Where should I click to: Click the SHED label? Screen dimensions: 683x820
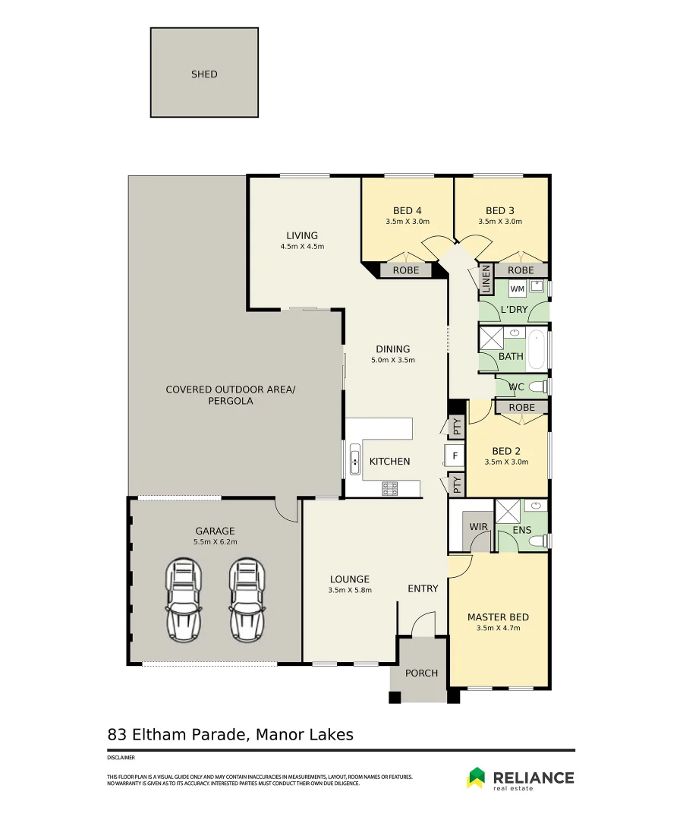204,74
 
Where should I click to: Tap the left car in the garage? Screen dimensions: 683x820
184,600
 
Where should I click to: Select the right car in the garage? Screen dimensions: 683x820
247,600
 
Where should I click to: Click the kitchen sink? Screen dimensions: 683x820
355,459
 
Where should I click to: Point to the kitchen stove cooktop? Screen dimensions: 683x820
390,488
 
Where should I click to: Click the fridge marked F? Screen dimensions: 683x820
455,456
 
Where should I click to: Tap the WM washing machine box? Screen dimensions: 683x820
518,289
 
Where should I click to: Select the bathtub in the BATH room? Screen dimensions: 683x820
537,349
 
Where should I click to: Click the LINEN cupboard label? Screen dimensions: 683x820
486,279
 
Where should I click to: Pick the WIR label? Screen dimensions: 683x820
478,527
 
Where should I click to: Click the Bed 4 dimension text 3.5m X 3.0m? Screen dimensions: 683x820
408,221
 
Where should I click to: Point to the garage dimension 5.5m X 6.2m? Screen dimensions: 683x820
216,542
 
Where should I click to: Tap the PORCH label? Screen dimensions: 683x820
422,673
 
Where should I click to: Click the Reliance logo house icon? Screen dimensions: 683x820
476,777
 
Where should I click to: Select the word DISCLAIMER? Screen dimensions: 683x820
121,757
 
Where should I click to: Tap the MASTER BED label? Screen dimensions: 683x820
498,617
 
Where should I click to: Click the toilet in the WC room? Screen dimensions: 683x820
538,387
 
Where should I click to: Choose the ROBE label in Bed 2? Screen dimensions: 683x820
521,408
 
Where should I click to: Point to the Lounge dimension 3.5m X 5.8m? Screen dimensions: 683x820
350,590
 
